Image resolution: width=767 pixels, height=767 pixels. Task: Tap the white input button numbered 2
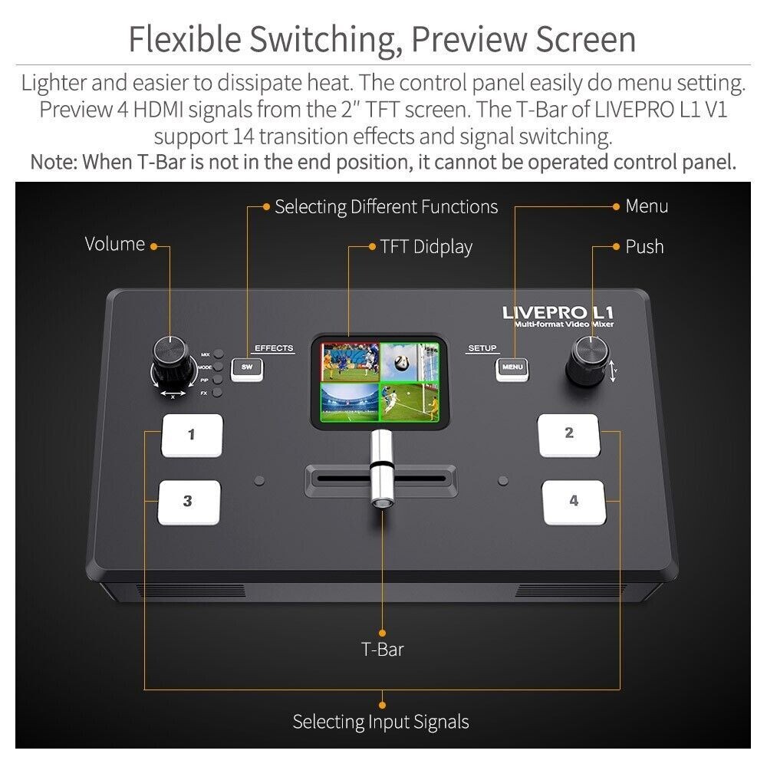(568, 435)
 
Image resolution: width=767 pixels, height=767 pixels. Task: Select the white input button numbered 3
(189, 502)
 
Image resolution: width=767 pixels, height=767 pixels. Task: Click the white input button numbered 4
(573, 502)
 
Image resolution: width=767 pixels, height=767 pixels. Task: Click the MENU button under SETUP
(512, 367)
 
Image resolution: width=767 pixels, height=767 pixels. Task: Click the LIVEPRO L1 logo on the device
(558, 312)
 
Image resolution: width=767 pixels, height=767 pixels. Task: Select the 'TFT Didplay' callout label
(426, 246)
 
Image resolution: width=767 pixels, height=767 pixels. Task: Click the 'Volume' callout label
(114, 244)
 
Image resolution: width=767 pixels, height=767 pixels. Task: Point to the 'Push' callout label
(644, 246)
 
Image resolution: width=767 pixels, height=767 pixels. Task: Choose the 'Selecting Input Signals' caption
(380, 722)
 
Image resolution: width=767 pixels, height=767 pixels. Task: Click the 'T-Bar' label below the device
(382, 649)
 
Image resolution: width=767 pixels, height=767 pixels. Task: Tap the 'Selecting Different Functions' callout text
(386, 206)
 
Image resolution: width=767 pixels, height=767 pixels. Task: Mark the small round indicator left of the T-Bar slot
(259, 481)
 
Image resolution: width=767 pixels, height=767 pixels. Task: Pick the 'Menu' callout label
(647, 206)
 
